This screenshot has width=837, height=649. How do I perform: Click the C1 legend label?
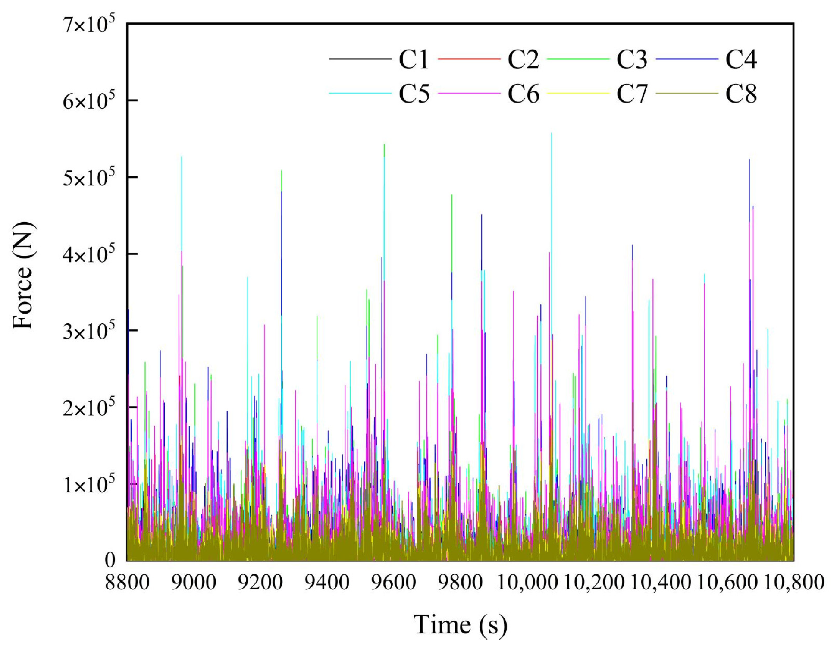pos(413,60)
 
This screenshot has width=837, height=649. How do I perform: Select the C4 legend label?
pos(741,60)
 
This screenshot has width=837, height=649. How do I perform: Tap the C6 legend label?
pos(523,94)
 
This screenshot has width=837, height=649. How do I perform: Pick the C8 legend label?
pos(741,94)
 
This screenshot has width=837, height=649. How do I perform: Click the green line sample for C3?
pos(578,59)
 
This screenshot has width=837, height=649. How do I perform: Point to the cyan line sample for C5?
pos(360,93)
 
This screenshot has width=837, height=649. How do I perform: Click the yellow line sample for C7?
pos(578,93)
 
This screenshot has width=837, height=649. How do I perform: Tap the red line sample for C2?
pos(469,59)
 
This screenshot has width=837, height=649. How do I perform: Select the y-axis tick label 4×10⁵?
pos(89,254)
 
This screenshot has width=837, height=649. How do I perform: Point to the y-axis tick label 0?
pos(110,560)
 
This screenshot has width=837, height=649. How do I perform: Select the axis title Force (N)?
pos(22,276)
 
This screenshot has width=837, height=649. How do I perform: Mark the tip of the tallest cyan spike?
pos(552,133)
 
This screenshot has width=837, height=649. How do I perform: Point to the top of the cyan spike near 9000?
pos(182,157)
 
